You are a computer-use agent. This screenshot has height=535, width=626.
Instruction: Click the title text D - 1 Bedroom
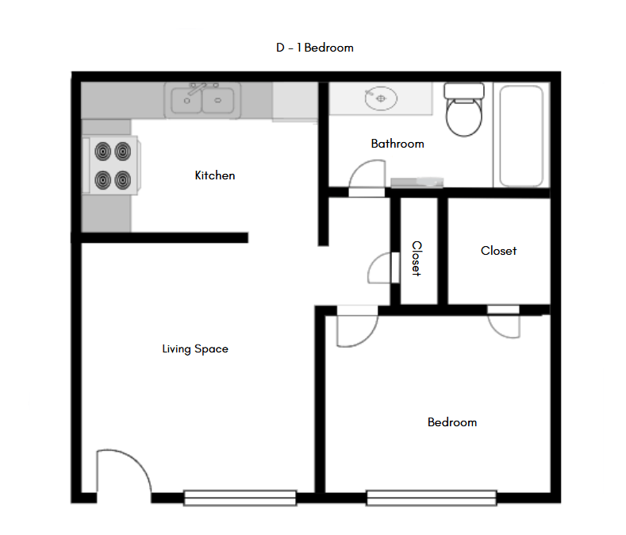[x=314, y=48]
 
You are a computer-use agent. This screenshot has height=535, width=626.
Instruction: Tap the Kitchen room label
[x=215, y=175]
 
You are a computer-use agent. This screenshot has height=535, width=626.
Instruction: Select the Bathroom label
[x=397, y=144]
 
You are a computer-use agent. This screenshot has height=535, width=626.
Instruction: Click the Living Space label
[x=195, y=348]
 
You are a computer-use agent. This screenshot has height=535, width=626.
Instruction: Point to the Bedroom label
[x=452, y=422]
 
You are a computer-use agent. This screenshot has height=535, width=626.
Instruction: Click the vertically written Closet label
[x=417, y=259]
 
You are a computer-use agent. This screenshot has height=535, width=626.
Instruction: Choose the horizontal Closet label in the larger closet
[x=498, y=251]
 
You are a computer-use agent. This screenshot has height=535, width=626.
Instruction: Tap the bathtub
[x=520, y=136]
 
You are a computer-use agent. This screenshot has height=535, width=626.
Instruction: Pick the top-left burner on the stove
[x=103, y=150]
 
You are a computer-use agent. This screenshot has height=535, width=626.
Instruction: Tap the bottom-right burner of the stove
[x=122, y=179]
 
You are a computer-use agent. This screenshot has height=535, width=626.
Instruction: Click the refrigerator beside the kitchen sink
[x=294, y=102]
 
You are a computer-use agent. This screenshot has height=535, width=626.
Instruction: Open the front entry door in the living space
[x=123, y=475]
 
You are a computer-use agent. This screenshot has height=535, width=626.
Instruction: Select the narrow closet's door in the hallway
[x=382, y=269]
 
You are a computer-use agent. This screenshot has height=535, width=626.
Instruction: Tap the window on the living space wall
[x=240, y=498]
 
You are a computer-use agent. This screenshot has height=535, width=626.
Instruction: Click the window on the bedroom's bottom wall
[x=432, y=498]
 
